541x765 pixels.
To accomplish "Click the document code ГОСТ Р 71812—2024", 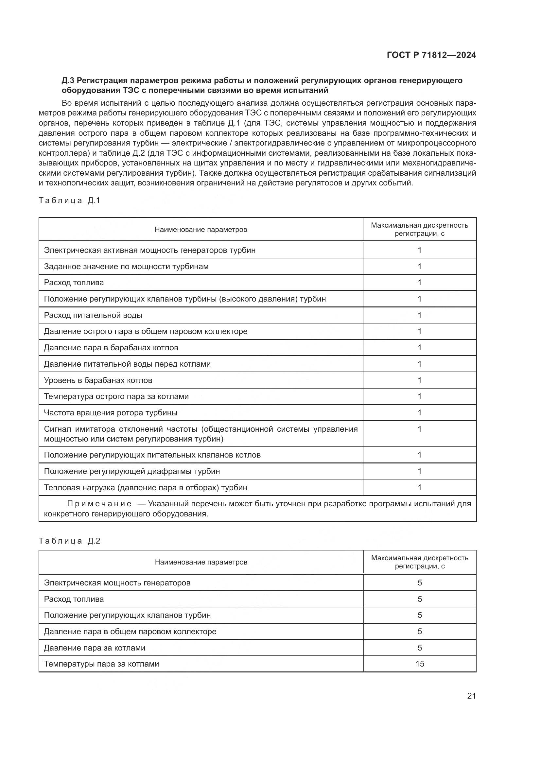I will [x=431, y=55].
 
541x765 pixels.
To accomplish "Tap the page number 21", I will [x=471, y=696].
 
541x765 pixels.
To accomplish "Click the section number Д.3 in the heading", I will [x=68, y=80].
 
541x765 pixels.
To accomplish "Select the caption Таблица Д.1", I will [x=69, y=200].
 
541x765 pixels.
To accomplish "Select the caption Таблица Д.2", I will [x=69, y=541].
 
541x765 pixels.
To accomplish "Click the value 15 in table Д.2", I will [x=420, y=664].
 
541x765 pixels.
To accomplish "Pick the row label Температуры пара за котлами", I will [x=101, y=664].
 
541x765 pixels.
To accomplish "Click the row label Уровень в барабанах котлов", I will [x=98, y=380].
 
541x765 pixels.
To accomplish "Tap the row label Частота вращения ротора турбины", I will [x=111, y=412].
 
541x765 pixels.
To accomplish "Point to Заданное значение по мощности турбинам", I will [x=126, y=266].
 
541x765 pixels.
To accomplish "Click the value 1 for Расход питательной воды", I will [x=420, y=315].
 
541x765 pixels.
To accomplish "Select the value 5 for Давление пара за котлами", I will [x=420, y=647].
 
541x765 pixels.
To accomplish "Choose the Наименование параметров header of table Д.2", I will [x=201, y=562].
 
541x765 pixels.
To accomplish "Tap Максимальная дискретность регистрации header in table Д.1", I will [x=419, y=229].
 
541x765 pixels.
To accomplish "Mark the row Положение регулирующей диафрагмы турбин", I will [x=132, y=471].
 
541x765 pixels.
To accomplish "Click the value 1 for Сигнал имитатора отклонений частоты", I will [x=420, y=429].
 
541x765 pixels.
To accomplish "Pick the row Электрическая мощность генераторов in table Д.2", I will [x=117, y=583].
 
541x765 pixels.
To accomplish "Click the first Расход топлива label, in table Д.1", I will [x=74, y=282].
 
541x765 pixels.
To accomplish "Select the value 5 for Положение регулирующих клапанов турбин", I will [x=420, y=615].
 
